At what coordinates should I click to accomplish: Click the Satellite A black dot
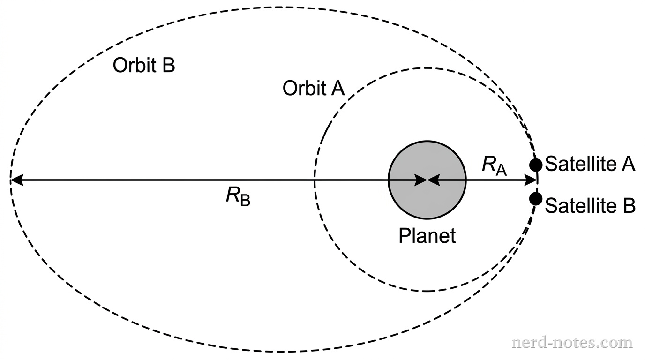click(536, 165)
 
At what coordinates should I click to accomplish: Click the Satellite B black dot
click(536, 198)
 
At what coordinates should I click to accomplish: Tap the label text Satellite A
click(590, 165)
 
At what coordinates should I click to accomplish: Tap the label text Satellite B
click(590, 205)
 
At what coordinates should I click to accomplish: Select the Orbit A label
click(314, 89)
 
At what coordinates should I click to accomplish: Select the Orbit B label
click(143, 66)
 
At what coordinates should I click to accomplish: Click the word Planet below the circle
click(427, 235)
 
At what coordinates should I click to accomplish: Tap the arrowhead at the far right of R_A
click(533, 180)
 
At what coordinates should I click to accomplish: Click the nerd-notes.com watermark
click(572, 343)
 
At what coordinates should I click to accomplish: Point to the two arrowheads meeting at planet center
click(427, 180)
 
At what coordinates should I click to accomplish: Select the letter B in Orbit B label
click(168, 66)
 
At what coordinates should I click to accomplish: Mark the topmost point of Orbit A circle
click(427, 68)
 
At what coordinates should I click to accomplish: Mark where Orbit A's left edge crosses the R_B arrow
click(315, 180)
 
